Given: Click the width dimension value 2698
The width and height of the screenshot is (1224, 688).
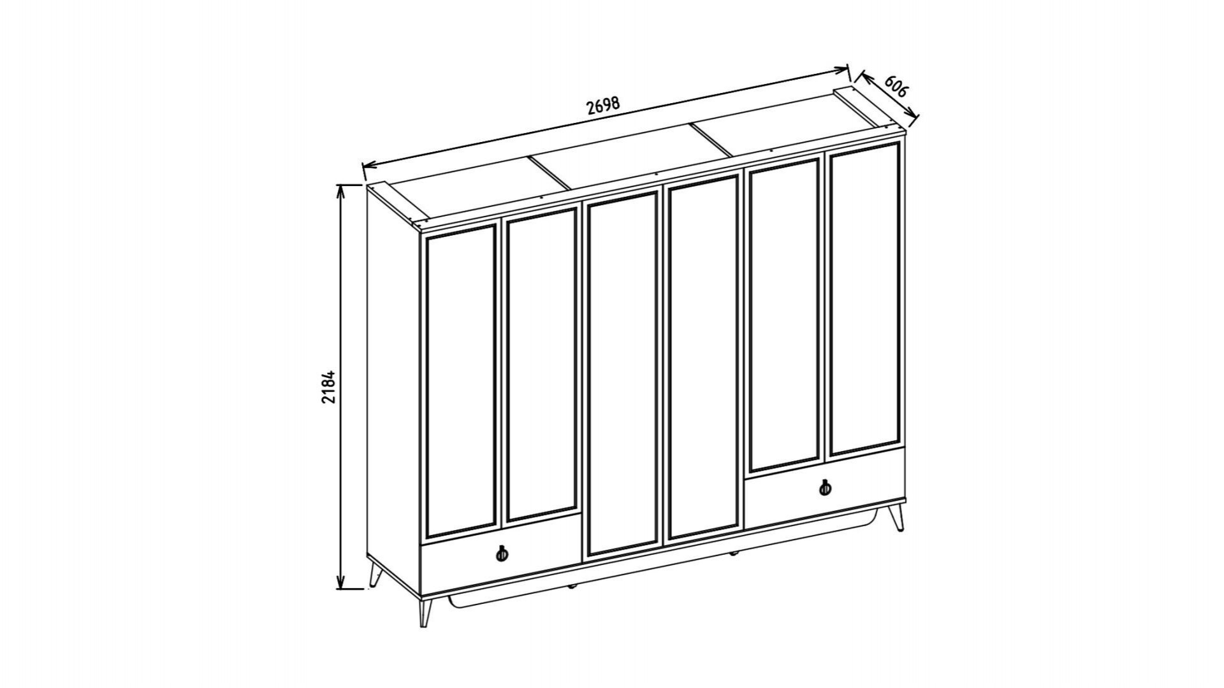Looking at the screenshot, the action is pyautogui.click(x=603, y=105).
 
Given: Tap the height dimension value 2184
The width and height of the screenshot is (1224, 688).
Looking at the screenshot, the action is pyautogui.click(x=328, y=386).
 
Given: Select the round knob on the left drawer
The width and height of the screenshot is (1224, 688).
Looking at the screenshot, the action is pyautogui.click(x=502, y=554).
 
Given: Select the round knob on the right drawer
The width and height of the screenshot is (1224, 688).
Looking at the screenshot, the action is pyautogui.click(x=825, y=488).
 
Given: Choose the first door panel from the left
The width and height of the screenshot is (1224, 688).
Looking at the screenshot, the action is pyautogui.click(x=461, y=381).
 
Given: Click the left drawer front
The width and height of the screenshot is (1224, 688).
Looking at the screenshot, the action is pyautogui.click(x=501, y=554).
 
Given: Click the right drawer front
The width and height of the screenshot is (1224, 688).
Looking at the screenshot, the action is pyautogui.click(x=825, y=487).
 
